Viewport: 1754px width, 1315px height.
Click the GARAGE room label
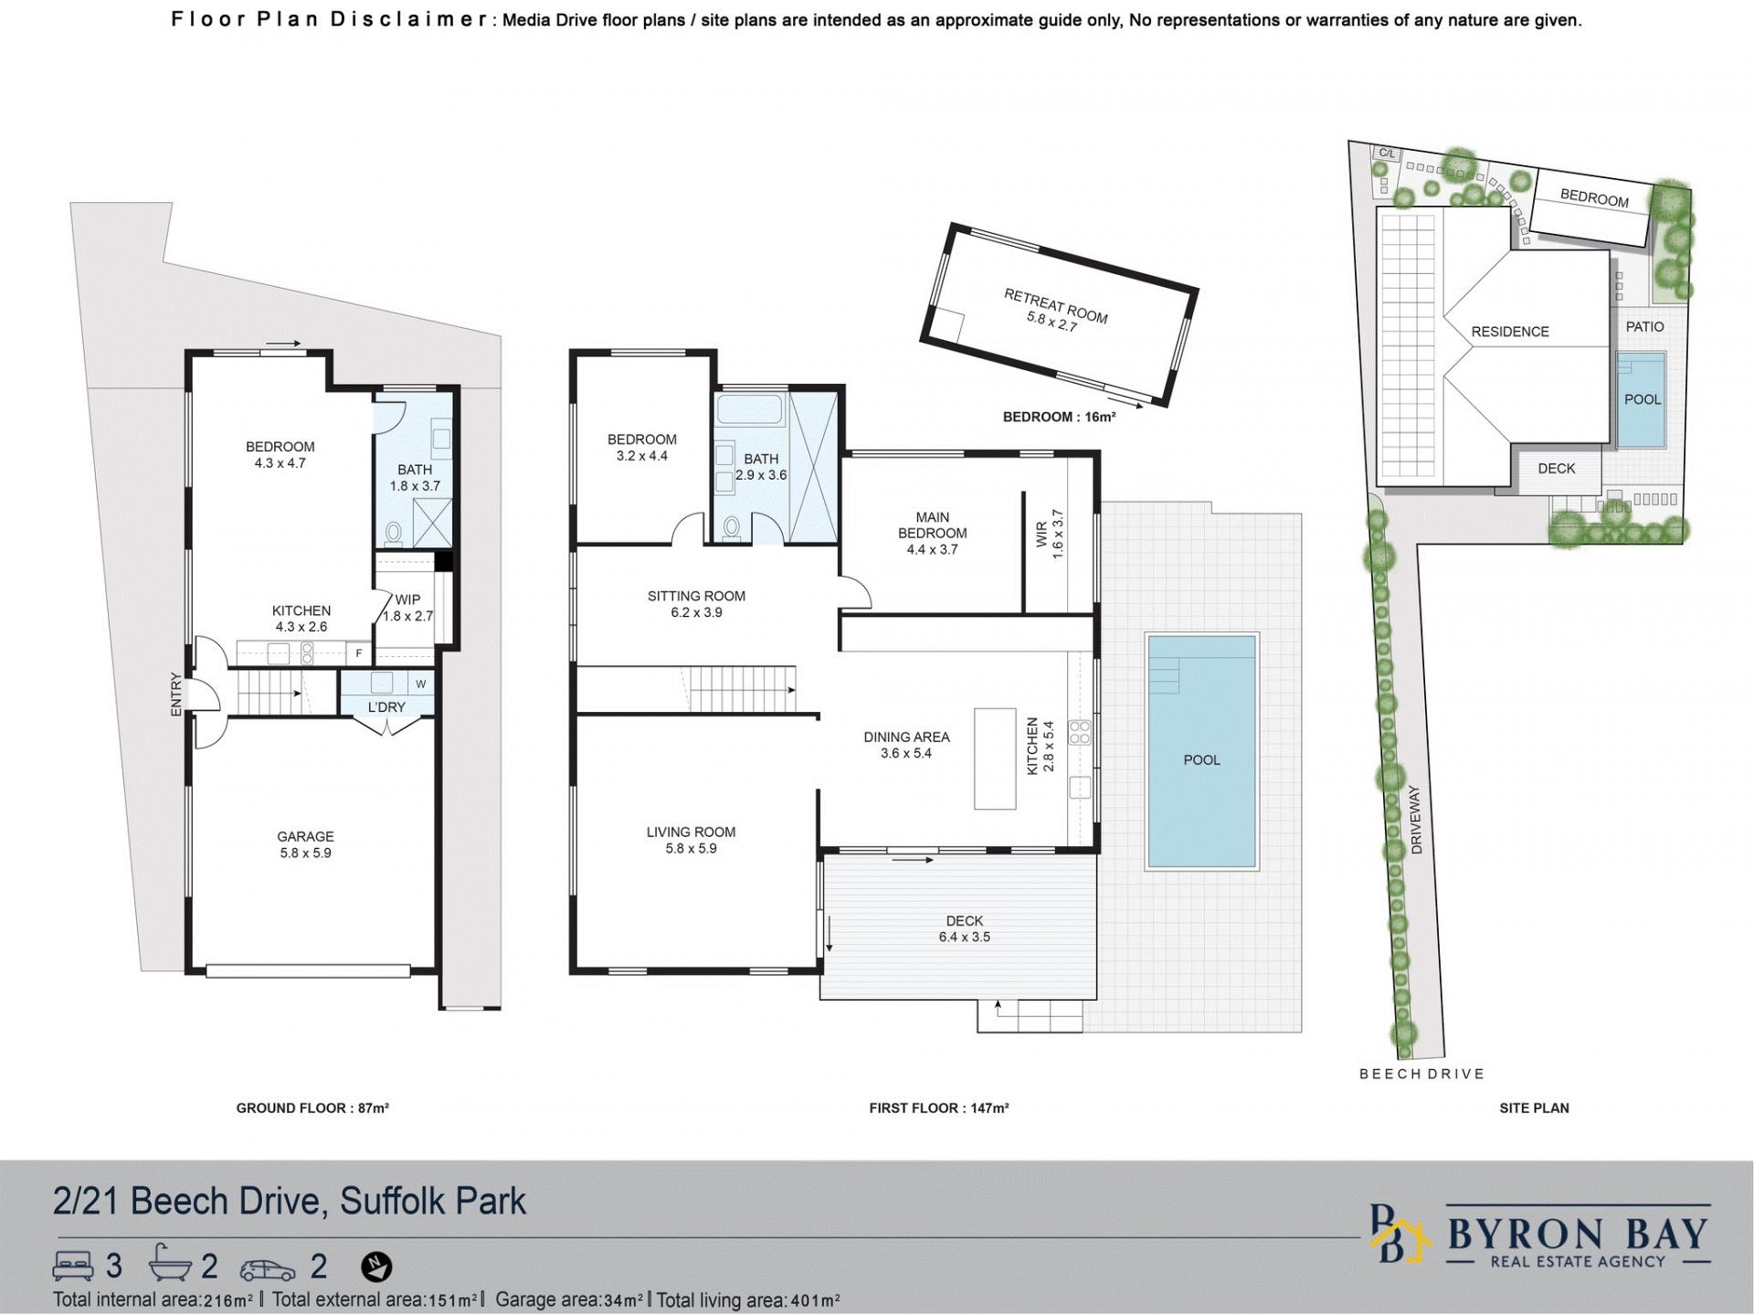point(305,836)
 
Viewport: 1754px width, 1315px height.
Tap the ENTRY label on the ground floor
point(176,694)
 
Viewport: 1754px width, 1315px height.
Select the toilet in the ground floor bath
point(394,532)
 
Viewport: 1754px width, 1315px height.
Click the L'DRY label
point(386,707)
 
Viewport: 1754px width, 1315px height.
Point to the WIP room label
point(407,600)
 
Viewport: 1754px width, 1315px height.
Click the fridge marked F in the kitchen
point(359,653)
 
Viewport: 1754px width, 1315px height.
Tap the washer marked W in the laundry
point(421,684)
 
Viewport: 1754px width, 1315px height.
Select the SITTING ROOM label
point(696,596)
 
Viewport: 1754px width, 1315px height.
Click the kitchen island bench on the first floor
point(995,758)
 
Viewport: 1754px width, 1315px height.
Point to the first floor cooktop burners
point(1080,732)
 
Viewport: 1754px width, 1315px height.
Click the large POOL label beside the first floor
point(1201,760)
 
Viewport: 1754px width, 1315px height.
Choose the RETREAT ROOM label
point(1055,305)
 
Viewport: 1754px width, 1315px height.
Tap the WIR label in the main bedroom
point(1042,535)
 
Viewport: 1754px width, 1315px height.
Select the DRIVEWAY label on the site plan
point(1417,820)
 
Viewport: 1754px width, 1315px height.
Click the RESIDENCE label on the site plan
point(1510,332)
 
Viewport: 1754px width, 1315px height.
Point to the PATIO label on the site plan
point(1644,326)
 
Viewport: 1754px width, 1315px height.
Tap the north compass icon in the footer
point(376,1267)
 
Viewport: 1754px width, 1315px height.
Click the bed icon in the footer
point(74,1266)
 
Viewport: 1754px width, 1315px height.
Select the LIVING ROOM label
point(691,832)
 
